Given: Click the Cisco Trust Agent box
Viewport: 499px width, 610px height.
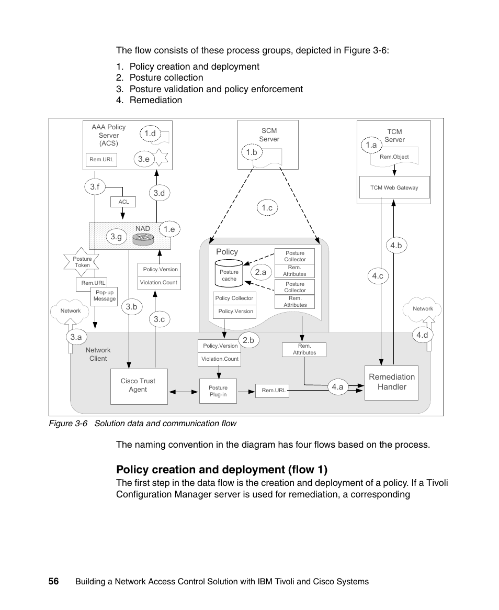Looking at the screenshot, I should click(139, 386).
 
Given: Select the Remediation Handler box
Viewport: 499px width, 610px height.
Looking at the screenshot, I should click(391, 382).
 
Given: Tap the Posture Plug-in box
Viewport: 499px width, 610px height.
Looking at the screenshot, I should click(218, 391).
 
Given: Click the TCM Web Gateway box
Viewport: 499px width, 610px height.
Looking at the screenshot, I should click(394, 187).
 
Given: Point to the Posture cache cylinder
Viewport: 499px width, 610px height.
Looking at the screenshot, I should click(229, 273).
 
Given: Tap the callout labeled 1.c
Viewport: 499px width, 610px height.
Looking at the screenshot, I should click(267, 208).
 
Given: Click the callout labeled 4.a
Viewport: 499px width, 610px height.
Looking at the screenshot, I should click(337, 387).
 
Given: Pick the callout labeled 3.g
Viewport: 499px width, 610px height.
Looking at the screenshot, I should click(116, 237).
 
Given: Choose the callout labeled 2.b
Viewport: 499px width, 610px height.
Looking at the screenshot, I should click(248, 340).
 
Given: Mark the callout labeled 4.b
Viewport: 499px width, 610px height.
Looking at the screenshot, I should click(396, 245).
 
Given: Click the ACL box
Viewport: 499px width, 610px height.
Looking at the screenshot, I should click(123, 202).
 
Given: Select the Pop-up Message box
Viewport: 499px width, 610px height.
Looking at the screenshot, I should click(105, 296).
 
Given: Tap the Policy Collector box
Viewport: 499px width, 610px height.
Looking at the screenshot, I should click(234, 298).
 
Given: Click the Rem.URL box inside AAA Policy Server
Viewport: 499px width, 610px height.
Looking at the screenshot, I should click(101, 159).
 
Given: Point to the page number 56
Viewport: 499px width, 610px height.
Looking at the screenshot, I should click(53, 581).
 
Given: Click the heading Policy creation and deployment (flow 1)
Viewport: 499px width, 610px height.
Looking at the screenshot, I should click(222, 469).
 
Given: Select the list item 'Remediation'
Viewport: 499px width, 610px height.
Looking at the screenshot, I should click(155, 100).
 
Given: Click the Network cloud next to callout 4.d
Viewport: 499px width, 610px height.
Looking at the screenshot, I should click(423, 309).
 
